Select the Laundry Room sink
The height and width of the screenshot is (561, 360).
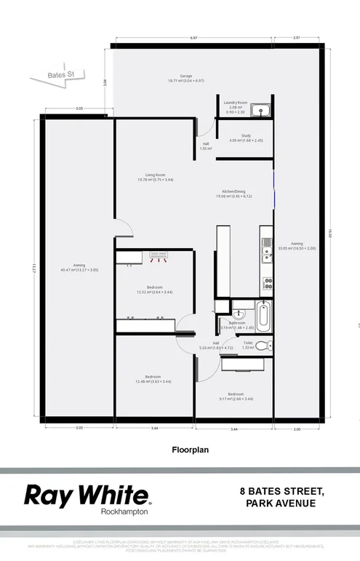pos(261,111)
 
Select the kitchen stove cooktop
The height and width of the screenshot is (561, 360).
pos(267,282)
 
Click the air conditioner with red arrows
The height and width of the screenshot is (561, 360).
pos(158,255)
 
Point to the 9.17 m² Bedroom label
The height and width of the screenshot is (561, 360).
pos(236,397)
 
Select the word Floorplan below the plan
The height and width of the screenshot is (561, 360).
pos(190,450)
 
